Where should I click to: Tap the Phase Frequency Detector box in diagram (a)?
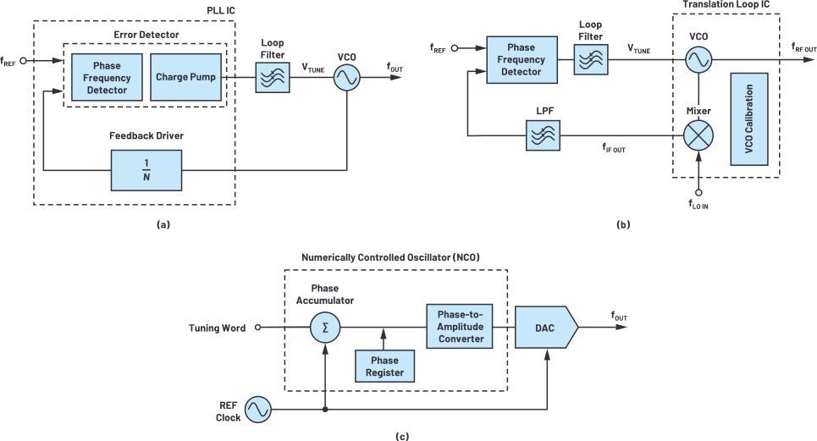click(x=106, y=77)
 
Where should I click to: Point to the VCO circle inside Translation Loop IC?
click(x=698, y=58)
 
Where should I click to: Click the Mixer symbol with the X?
click(x=698, y=134)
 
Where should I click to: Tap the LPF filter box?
click(x=541, y=134)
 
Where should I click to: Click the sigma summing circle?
click(x=324, y=327)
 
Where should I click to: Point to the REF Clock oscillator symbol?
click(x=256, y=411)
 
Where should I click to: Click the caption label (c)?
click(x=403, y=436)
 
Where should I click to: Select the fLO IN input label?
click(x=698, y=204)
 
